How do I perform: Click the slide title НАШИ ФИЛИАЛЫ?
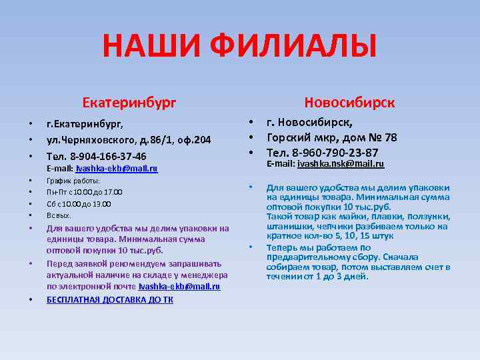click(239, 47)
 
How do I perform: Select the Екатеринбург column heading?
click(129, 103)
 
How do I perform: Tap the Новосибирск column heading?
click(349, 103)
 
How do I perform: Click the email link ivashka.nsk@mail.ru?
click(341, 164)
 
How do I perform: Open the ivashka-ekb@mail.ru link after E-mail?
click(117, 169)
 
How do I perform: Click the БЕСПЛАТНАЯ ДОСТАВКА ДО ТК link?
click(109, 299)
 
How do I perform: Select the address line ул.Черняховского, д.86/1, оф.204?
click(128, 140)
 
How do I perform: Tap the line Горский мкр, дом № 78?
click(331, 138)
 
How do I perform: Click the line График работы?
click(73, 181)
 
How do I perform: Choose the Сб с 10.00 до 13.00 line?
click(79, 204)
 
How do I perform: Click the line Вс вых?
click(59, 215)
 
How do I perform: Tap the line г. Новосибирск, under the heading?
click(309, 123)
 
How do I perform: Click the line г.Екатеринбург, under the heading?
click(85, 123)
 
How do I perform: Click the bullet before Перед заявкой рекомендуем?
click(30, 263)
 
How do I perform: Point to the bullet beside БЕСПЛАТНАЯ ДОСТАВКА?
click(30, 299)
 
